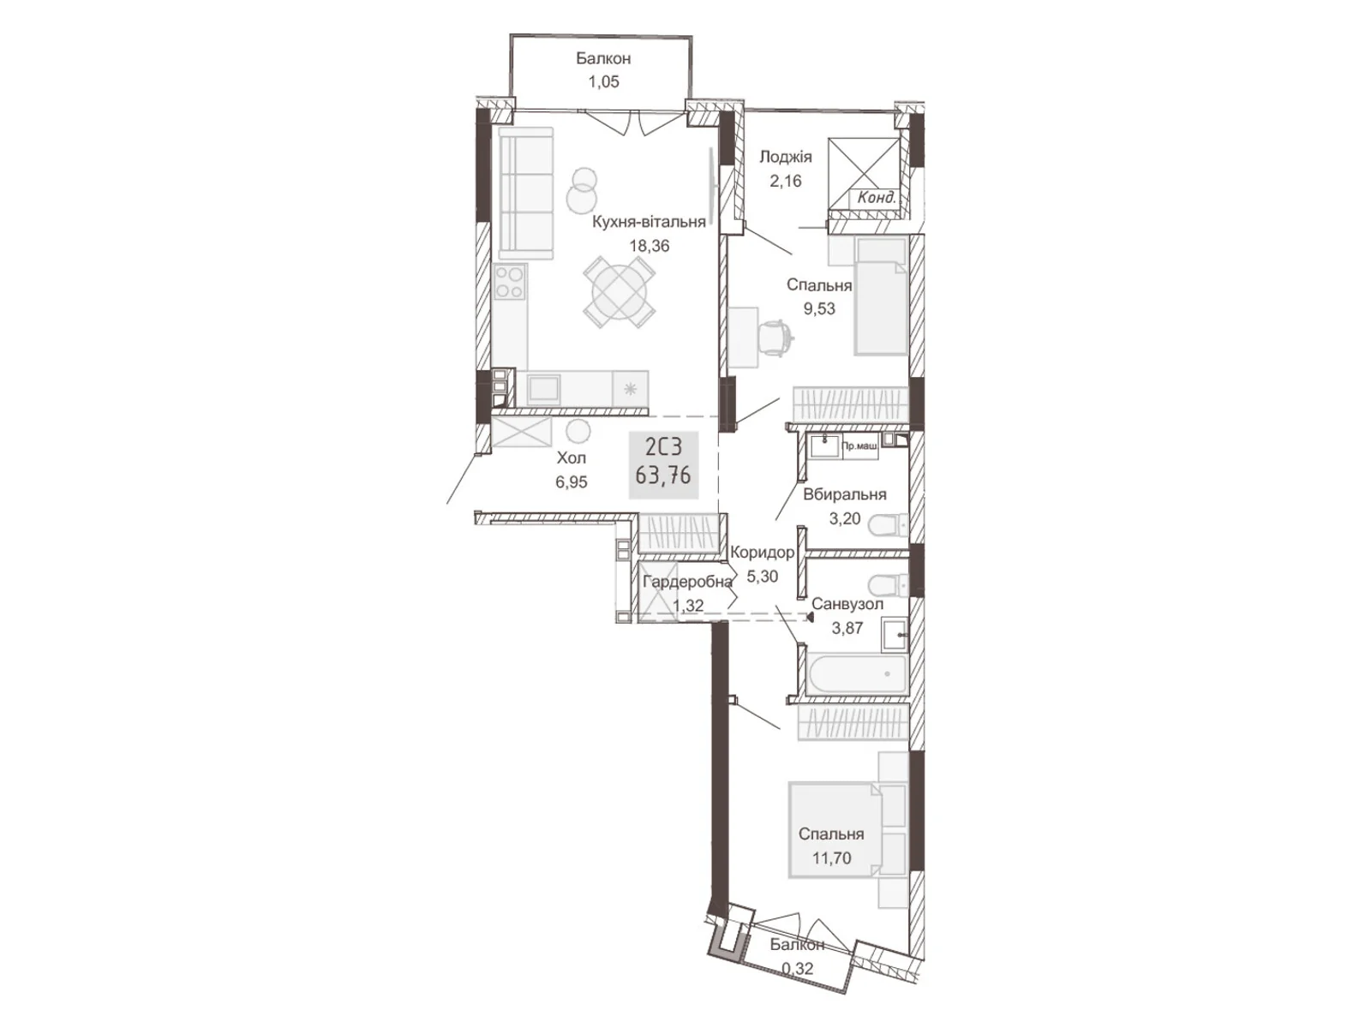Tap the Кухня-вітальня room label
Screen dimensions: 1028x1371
pyautogui.click(x=650, y=222)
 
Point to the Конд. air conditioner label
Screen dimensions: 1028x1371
pyautogui.click(x=877, y=198)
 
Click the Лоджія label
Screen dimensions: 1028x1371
pyautogui.click(x=785, y=157)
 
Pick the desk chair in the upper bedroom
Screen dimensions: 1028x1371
pyautogui.click(x=775, y=335)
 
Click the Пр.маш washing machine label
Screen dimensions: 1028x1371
pyautogui.click(x=859, y=446)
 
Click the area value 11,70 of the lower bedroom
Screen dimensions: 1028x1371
pyautogui.click(x=831, y=858)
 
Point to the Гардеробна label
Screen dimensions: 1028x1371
pyautogui.click(x=687, y=582)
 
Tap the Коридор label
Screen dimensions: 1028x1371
pyautogui.click(x=762, y=553)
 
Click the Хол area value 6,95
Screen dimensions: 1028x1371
pyautogui.click(x=572, y=482)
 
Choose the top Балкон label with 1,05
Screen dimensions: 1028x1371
pyautogui.click(x=603, y=58)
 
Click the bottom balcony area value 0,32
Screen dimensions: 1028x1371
pyautogui.click(x=797, y=969)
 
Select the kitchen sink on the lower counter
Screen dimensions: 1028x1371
pyautogui.click(x=544, y=390)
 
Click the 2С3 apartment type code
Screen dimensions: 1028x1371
pyautogui.click(x=663, y=447)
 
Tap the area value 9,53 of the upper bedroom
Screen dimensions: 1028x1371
pyautogui.click(x=819, y=308)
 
